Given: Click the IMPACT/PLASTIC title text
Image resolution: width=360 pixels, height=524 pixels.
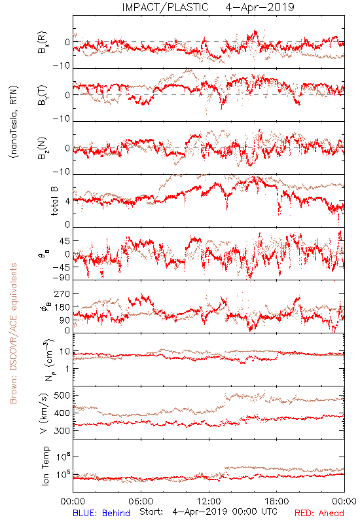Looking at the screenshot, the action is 166,7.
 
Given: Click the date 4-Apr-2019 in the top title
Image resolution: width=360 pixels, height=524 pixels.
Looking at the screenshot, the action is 260,7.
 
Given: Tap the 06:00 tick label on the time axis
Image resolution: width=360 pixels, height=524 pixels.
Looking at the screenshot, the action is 141,501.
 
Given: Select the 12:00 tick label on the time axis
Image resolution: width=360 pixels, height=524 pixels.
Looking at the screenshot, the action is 209,501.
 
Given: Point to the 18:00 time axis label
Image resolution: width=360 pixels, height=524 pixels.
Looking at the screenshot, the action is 277,501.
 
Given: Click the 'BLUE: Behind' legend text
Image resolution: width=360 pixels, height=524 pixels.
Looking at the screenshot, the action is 101,513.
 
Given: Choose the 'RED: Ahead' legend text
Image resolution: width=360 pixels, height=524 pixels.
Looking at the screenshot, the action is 319,513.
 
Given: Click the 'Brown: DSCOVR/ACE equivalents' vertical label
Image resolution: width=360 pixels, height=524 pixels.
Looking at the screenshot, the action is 13,333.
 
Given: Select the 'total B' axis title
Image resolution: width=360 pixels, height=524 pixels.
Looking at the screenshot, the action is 54,201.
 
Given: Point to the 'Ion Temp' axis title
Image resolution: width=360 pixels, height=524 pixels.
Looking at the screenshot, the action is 45,466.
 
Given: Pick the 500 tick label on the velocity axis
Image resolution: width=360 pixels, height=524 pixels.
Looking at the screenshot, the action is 62,396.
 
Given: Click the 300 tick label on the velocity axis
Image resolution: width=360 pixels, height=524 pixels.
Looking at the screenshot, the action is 62,430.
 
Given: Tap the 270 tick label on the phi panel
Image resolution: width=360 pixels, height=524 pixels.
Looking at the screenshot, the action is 62,293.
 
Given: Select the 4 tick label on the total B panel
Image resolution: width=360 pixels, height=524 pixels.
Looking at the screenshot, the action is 67,202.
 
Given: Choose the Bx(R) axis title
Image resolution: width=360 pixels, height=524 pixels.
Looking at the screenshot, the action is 43,43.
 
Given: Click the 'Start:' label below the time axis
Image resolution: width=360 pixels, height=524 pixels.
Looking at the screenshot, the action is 151,512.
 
